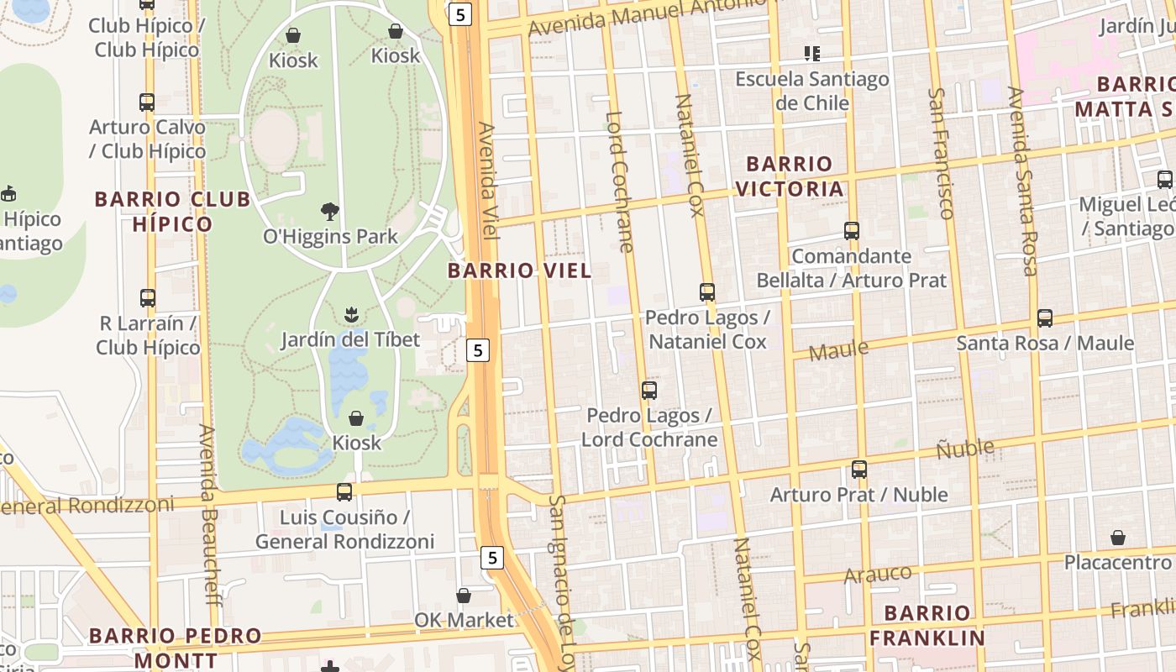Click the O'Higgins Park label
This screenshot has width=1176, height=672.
click(330, 236)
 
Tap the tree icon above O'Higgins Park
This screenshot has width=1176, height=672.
click(330, 211)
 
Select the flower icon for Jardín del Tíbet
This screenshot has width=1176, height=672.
click(350, 315)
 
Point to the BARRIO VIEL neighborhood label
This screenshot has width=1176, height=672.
click(519, 270)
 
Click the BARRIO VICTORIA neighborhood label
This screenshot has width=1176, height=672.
click(790, 176)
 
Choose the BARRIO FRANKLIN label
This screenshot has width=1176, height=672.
click(927, 625)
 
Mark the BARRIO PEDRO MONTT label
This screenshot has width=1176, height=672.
click(176, 647)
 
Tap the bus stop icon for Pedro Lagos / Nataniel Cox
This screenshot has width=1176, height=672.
click(707, 292)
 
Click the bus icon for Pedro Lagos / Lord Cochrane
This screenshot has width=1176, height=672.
click(649, 390)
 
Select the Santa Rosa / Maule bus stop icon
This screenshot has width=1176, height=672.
click(1045, 318)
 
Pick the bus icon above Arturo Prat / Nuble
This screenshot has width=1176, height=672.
click(858, 470)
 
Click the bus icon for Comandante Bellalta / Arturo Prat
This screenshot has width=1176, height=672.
click(852, 231)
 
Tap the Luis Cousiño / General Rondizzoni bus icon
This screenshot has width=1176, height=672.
click(344, 492)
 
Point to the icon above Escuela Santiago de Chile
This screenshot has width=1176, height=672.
click(811, 54)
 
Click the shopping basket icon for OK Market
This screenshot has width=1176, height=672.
click(463, 596)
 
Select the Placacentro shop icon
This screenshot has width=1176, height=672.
click(1118, 538)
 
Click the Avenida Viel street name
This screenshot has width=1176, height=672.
click(488, 181)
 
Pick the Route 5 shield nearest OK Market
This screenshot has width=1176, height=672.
click(492, 557)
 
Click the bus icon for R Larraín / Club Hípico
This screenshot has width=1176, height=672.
click(148, 298)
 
